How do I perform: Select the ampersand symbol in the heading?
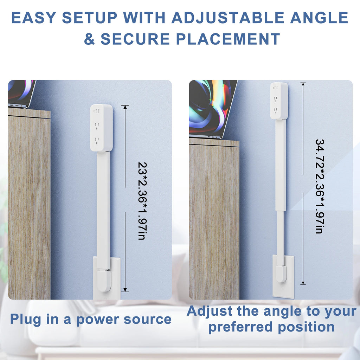89,39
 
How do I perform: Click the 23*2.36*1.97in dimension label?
141,201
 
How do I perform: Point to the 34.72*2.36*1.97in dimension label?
319,186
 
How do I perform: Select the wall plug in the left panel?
104,280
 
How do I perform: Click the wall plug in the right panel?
281,274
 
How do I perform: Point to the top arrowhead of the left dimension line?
125,106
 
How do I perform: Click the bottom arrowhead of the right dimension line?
303,283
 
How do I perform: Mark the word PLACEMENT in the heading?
228,39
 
